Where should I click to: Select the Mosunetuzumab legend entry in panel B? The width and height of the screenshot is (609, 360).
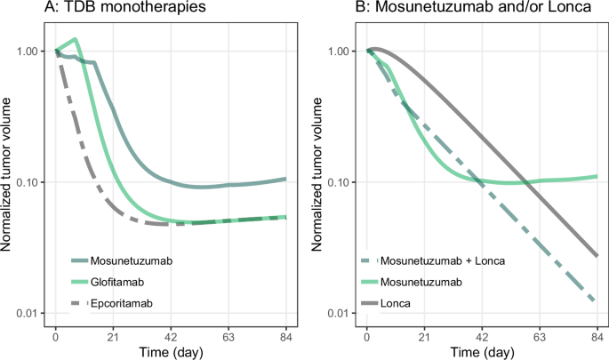coord(418,283)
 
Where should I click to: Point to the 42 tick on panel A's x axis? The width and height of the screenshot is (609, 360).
coord(171,337)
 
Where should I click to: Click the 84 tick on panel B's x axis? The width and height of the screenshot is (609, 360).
coord(595,337)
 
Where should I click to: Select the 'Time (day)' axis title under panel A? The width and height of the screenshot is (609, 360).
coord(171,352)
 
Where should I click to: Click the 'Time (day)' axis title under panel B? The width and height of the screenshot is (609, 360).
coord(481,352)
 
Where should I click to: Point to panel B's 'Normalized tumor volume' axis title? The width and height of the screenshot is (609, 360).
coord(318,182)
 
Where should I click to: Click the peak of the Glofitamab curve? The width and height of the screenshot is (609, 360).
coord(76,39)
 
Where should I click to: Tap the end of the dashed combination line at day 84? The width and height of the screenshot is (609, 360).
coord(595,302)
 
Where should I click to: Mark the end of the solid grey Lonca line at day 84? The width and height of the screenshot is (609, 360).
coord(595,256)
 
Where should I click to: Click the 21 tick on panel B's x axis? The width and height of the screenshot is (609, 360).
coord(424,337)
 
